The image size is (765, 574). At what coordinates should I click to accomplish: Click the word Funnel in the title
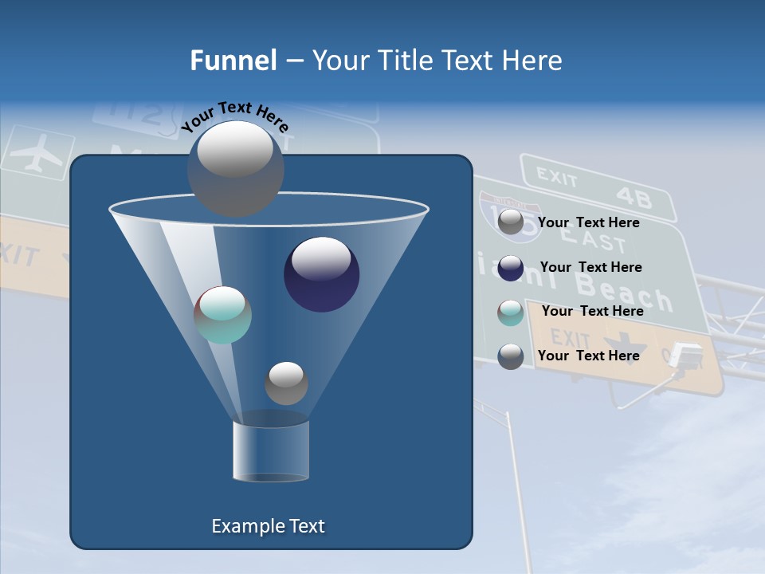(x=233, y=61)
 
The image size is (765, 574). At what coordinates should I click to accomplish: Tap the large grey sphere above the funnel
(x=235, y=168)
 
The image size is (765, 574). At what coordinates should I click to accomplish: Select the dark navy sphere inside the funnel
(x=321, y=274)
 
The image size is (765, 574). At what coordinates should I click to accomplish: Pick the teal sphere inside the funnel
(x=222, y=315)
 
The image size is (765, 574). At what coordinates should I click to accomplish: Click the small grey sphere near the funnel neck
(x=286, y=383)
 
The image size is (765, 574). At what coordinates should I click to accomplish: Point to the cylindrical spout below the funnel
(x=271, y=451)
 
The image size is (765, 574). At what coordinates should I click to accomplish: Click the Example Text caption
(x=268, y=526)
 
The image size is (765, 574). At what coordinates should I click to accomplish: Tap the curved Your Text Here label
(x=234, y=115)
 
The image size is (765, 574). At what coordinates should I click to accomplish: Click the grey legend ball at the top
(x=511, y=222)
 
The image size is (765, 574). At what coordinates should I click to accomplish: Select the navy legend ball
(x=511, y=268)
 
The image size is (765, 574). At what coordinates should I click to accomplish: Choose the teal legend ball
(x=511, y=312)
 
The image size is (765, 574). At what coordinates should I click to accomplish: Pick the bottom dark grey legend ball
(x=511, y=356)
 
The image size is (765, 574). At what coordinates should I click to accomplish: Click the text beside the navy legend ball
(x=590, y=267)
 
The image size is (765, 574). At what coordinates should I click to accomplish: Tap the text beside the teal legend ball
(x=592, y=311)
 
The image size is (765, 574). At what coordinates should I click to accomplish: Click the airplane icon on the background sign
(x=37, y=153)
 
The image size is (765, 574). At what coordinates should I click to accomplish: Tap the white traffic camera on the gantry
(x=685, y=355)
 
